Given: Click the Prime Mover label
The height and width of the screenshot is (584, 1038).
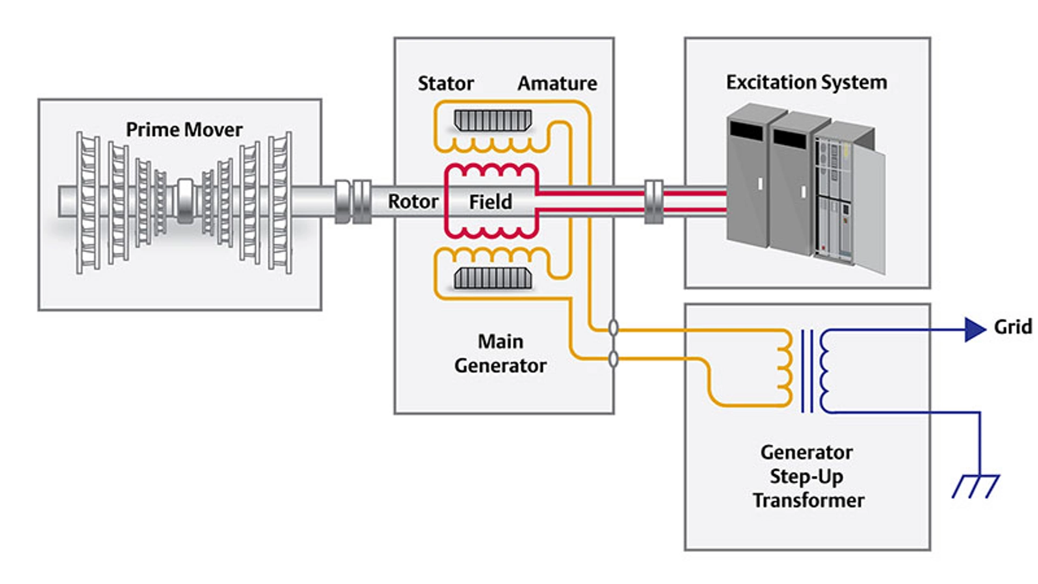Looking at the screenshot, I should pos(184,130).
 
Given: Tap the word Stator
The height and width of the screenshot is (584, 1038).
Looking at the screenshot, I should pos(445,83).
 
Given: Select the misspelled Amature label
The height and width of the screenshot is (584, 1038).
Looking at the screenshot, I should pos(557,83).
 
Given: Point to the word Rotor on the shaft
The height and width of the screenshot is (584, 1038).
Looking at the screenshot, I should pos(413,202).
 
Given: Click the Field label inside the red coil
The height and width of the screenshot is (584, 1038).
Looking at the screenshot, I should pos(490,202).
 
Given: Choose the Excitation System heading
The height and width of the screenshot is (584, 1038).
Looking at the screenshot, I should pos(806,82).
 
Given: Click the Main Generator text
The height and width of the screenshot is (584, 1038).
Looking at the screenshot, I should pos(500,354).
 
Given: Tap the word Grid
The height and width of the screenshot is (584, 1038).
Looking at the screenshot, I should pos(1013,327).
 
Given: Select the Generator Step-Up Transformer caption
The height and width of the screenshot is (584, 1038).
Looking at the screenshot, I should pos(808,476).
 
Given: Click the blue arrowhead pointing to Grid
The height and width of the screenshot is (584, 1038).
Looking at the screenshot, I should pos(975,329).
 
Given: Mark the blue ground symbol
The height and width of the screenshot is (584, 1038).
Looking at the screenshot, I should pos(975,486).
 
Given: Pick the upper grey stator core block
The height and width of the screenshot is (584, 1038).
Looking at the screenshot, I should pos(493,121).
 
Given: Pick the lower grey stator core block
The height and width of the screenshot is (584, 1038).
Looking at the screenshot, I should pos(493,278).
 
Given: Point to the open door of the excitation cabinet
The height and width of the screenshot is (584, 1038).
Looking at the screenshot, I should pos(869,211).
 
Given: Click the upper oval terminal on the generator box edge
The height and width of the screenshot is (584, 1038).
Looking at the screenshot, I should pos(613,328).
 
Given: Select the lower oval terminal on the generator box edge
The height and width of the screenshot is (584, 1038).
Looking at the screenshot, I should pos(613,359).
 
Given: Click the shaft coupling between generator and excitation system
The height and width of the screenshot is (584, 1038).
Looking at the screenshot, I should pos(654,202).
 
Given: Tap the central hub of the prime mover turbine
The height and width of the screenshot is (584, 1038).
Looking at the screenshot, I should pos(185,201).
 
